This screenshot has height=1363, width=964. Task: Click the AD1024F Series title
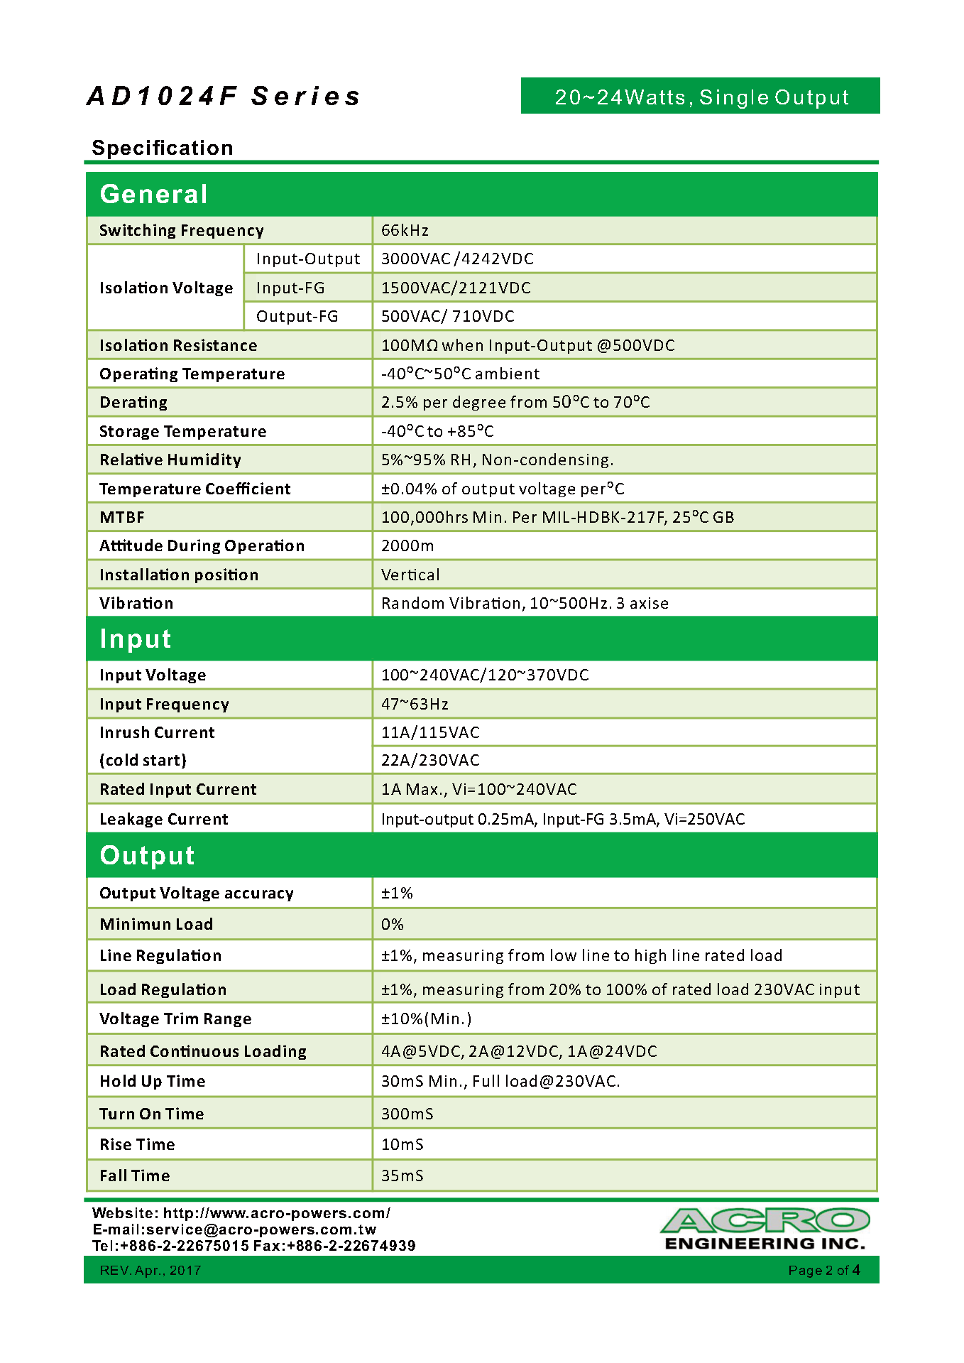click(x=224, y=97)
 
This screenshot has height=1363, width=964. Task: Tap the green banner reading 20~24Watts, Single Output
click(x=701, y=97)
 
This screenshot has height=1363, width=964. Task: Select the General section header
click(x=154, y=194)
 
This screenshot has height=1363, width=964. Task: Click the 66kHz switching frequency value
click(x=405, y=230)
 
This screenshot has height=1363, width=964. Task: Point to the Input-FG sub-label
click(x=290, y=288)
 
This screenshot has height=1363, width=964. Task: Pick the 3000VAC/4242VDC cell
click(x=457, y=259)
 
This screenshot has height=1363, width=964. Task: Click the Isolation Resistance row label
click(x=178, y=345)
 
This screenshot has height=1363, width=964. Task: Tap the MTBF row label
click(x=122, y=517)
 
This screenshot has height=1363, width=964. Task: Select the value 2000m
click(x=407, y=545)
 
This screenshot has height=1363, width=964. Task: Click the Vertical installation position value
click(x=410, y=575)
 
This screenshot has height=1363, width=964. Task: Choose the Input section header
click(x=136, y=639)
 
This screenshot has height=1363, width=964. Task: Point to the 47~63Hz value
click(x=415, y=704)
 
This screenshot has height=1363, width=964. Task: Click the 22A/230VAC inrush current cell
click(x=430, y=760)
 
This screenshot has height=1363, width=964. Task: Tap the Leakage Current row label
click(x=164, y=819)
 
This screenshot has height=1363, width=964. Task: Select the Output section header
click(x=147, y=855)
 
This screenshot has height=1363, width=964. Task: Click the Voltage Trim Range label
click(x=175, y=1019)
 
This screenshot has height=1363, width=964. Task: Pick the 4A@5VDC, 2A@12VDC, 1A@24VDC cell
click(x=519, y=1051)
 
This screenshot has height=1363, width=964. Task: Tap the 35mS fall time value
click(x=402, y=1175)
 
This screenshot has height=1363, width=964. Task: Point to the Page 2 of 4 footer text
click(x=824, y=1270)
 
